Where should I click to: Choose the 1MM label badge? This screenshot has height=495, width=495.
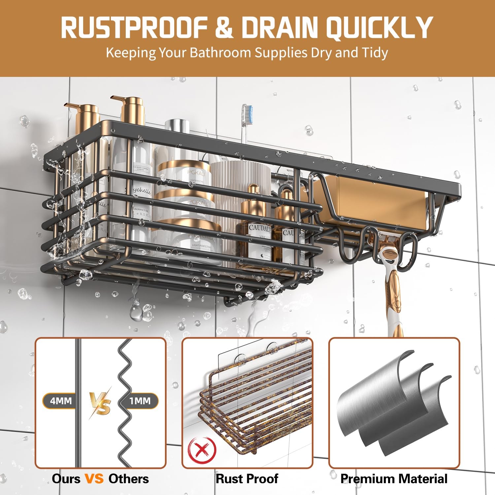(x=140, y=401)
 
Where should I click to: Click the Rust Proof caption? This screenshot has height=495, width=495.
(x=247, y=478)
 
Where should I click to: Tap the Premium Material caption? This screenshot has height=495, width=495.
(x=394, y=478)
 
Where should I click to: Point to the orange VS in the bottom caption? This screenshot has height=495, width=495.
(x=94, y=478)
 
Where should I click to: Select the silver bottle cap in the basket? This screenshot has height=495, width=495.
(x=177, y=127)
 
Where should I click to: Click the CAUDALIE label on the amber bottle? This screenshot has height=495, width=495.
(x=260, y=228)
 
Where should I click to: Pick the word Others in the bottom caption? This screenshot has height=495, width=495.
(x=128, y=478)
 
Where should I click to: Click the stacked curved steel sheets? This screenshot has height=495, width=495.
(x=394, y=403)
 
